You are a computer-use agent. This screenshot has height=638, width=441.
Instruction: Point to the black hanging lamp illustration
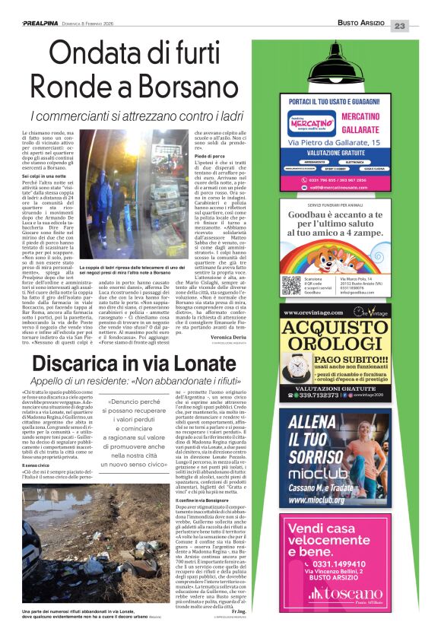pos(345,65)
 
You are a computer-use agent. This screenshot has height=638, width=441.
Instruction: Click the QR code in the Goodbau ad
pos(291,285)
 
